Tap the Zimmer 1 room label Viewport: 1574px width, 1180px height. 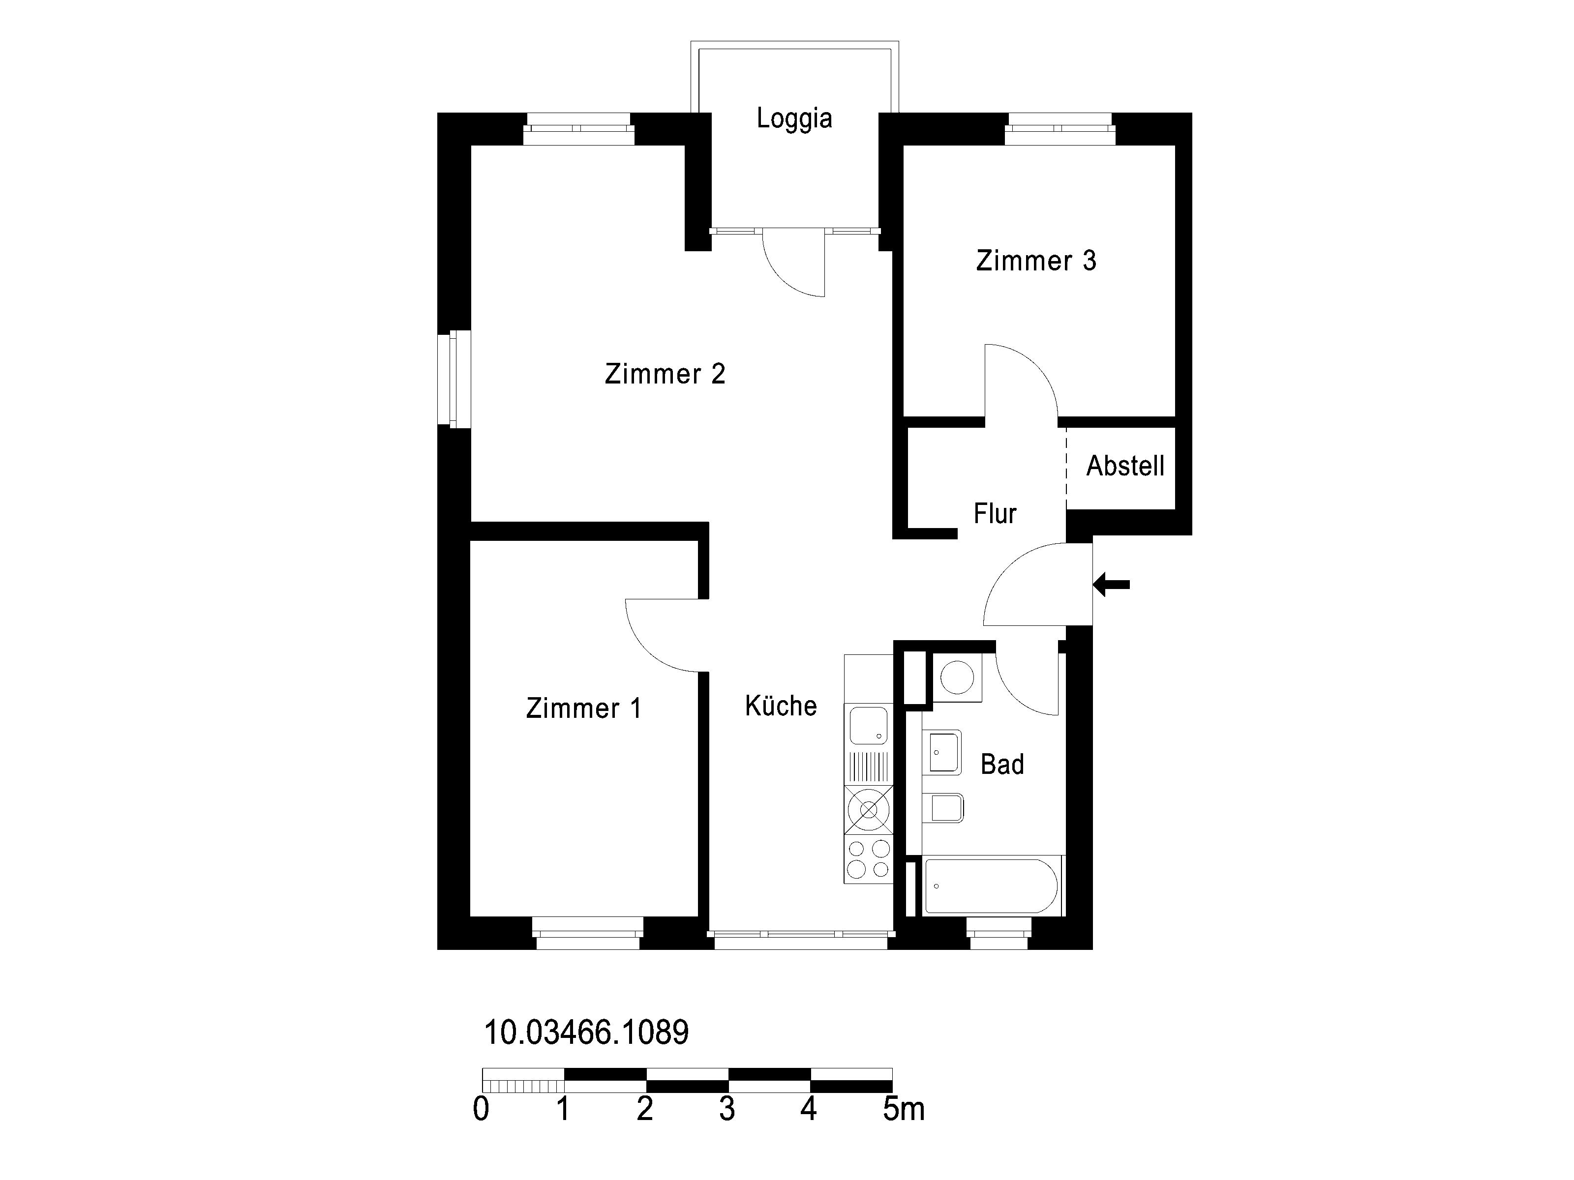coord(583,708)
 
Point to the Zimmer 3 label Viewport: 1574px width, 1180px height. coord(1036,261)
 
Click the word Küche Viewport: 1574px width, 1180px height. coord(781,706)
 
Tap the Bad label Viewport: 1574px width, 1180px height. coord(1002,765)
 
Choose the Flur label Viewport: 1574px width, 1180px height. coord(995,513)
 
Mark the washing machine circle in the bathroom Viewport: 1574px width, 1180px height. coord(957,677)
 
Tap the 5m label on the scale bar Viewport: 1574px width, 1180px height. coord(904,1110)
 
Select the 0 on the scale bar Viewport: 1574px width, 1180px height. coord(481,1110)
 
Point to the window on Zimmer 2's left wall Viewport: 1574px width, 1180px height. coord(454,379)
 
